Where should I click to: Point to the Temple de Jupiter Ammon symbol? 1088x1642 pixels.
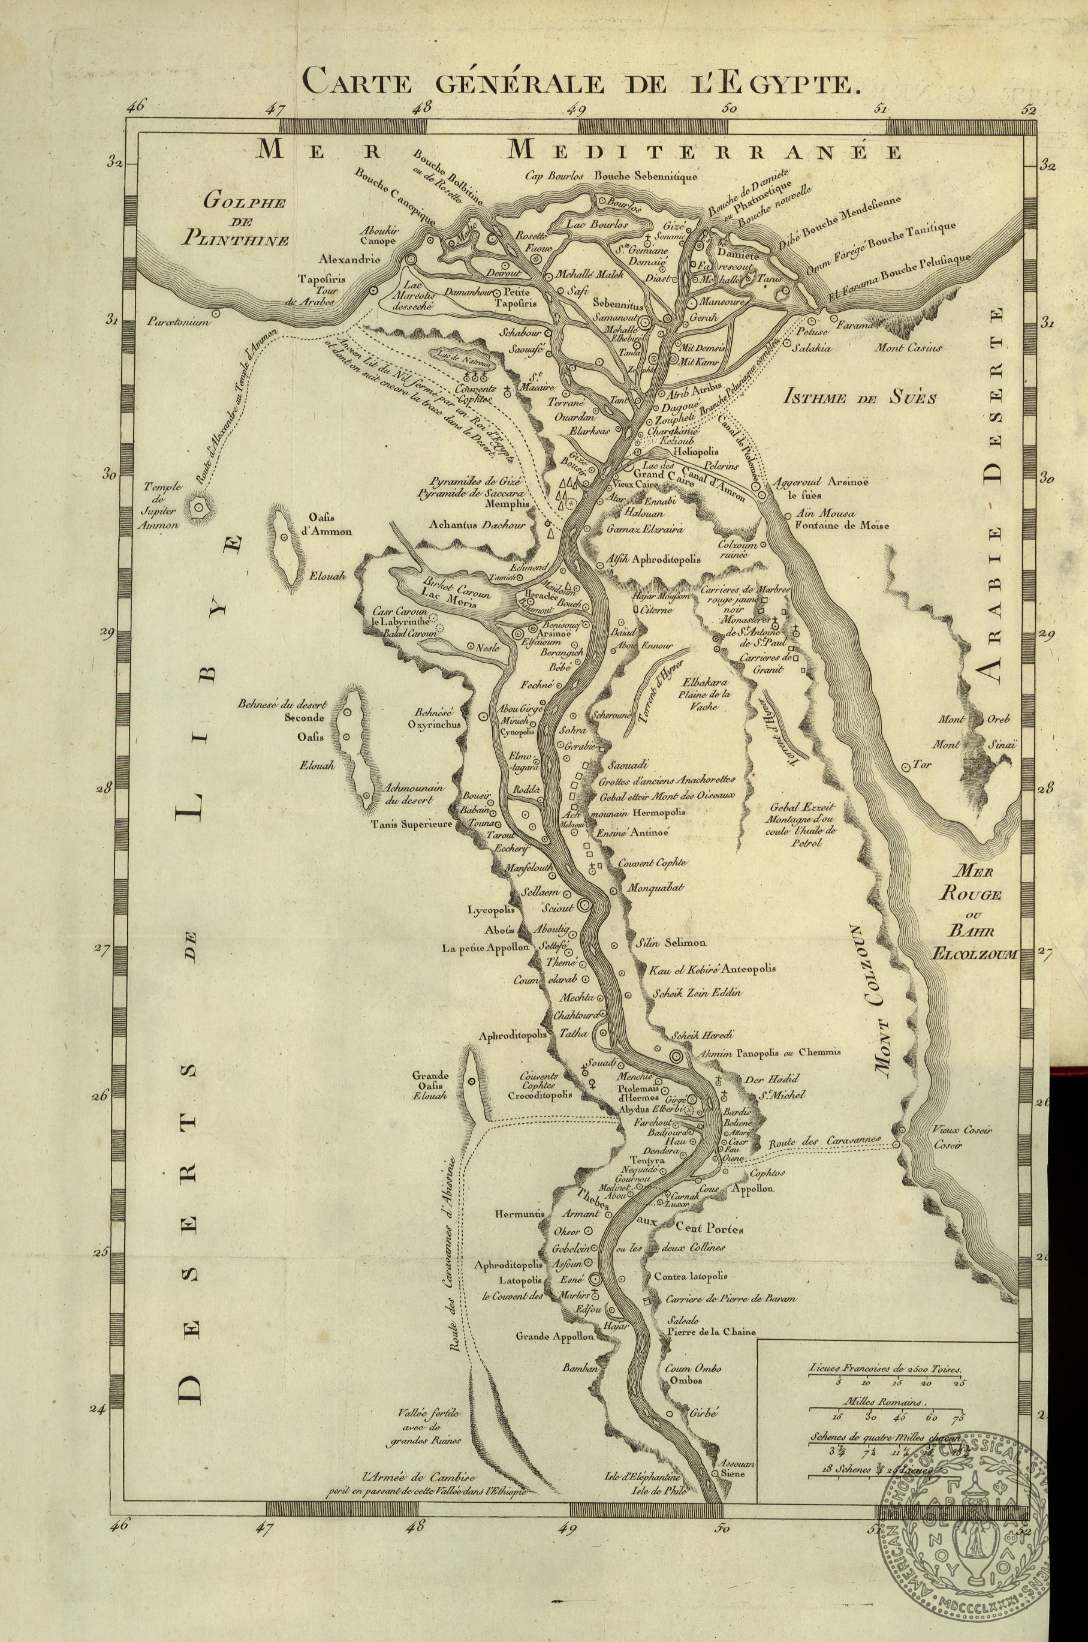point(199,508)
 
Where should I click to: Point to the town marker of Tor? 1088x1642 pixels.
point(906,767)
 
